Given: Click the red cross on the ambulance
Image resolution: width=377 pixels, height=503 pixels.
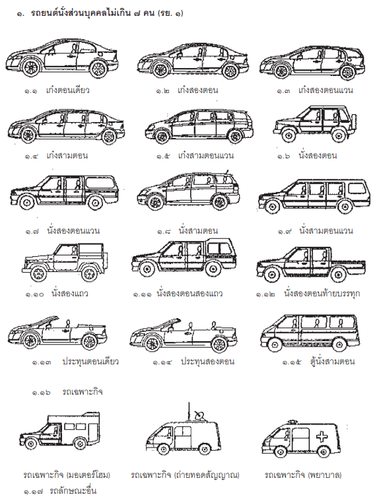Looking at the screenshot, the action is pyautogui.click(x=322, y=437).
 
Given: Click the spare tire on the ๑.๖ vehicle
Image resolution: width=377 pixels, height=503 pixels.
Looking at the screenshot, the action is pyautogui.click(x=354, y=120).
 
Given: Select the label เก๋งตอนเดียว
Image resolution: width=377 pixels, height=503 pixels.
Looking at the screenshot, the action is pyautogui.click(x=67, y=90).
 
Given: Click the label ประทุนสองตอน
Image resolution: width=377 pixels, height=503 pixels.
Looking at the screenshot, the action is pyautogui.click(x=207, y=362).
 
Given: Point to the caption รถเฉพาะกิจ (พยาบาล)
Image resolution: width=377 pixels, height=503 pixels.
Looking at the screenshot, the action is pyautogui.click(x=303, y=475).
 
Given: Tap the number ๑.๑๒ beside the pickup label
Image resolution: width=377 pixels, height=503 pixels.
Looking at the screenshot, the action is pyautogui.click(x=265, y=294).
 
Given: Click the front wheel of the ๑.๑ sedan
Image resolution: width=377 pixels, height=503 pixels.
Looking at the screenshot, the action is pyautogui.click(x=30, y=67).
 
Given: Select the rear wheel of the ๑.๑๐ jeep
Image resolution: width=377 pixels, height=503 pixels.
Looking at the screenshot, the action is pyautogui.click(x=90, y=274).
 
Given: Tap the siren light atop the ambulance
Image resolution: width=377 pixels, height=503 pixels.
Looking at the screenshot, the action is pyautogui.click(x=292, y=422).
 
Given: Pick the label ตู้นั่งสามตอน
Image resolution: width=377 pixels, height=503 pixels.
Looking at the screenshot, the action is pyautogui.click(x=332, y=362).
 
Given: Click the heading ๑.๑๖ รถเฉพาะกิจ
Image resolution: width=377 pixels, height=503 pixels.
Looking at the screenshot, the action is pyautogui.click(x=67, y=392).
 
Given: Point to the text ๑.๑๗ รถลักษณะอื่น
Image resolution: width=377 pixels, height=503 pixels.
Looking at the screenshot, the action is pyautogui.click(x=60, y=491).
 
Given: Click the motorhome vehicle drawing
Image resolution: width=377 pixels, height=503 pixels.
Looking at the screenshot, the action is pyautogui.click(x=59, y=430).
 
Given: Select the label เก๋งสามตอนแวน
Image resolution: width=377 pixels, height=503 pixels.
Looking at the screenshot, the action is pyautogui.click(x=205, y=156).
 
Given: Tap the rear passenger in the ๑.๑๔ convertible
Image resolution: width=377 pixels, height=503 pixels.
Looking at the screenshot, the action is pyautogui.click(x=214, y=325).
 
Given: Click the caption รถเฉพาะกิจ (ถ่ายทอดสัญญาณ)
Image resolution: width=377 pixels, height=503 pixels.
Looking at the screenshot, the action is pyautogui.click(x=185, y=475).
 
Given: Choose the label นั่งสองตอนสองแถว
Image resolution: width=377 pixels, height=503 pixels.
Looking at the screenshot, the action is pyautogui.click(x=189, y=294).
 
